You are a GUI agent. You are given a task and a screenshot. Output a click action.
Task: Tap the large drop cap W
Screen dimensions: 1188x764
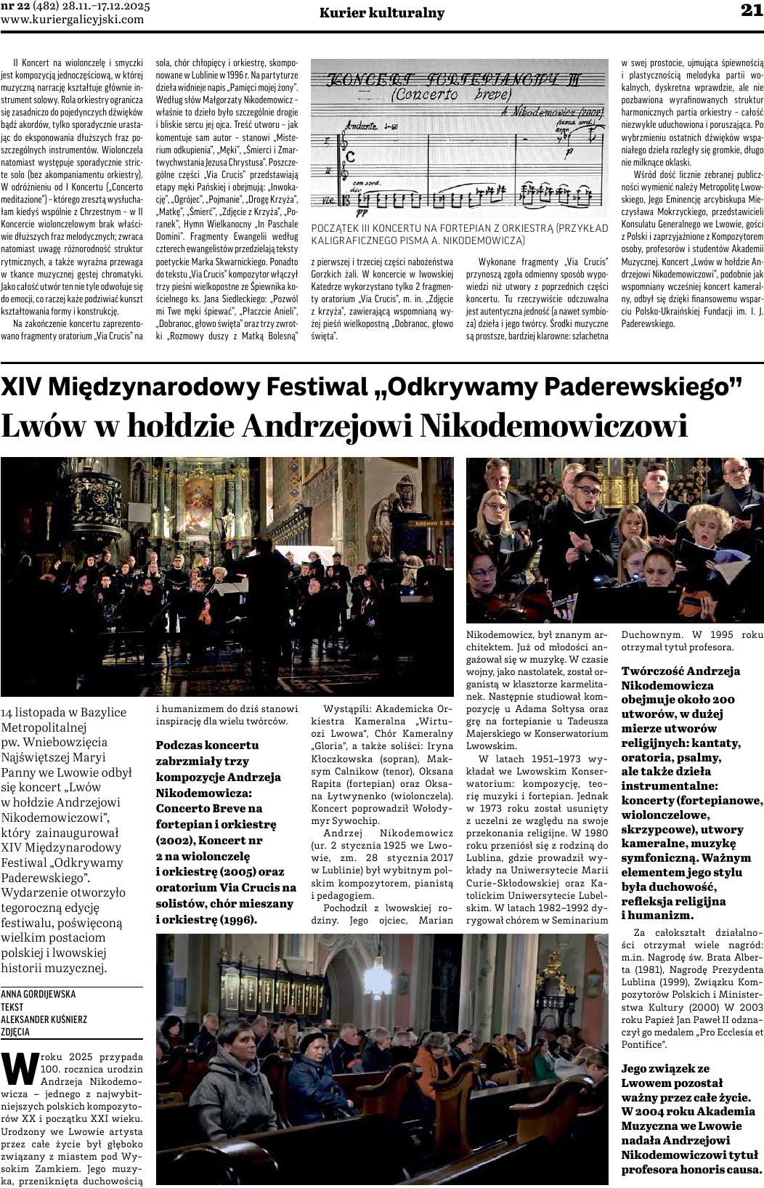(20, 1068)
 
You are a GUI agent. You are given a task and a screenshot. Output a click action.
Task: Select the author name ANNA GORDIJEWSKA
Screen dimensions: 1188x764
(38, 993)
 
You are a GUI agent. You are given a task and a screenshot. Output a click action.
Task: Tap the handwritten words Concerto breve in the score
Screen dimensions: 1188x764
(451, 94)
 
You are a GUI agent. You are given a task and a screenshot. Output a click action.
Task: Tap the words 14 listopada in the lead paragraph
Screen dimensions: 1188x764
(36, 712)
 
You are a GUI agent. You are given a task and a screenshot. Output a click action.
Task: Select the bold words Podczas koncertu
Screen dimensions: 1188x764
(207, 745)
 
